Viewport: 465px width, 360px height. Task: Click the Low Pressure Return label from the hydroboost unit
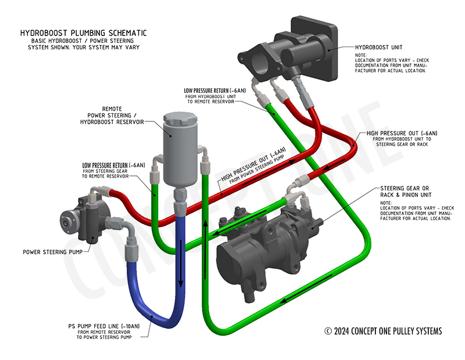click(214, 91)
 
